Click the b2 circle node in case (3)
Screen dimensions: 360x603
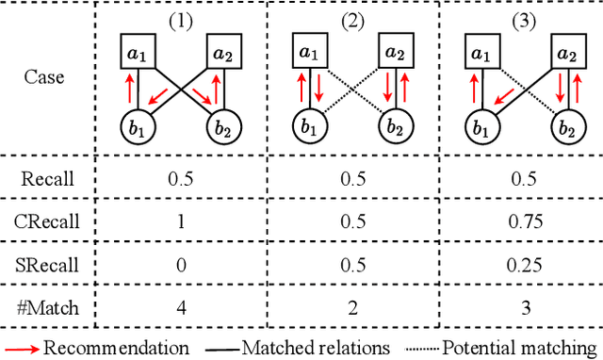pos(567,126)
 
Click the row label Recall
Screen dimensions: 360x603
pos(45,178)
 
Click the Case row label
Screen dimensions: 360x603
pos(45,75)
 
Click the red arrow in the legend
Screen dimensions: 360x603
pos(21,348)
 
